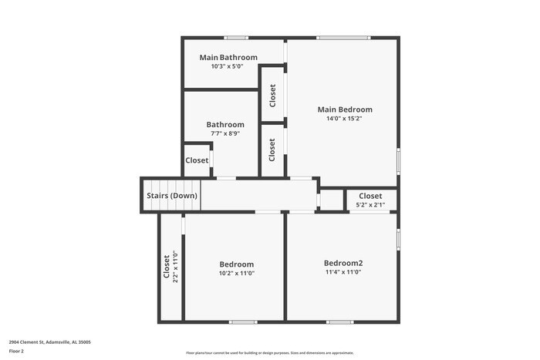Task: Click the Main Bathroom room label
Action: pyautogui.click(x=228, y=57)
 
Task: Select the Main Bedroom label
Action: pyautogui.click(x=345, y=109)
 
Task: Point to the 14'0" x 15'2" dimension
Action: pyautogui.click(x=345, y=119)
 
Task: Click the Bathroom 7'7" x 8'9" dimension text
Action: pyautogui.click(x=225, y=133)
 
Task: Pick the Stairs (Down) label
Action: pyautogui.click(x=172, y=196)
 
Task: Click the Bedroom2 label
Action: pyautogui.click(x=343, y=263)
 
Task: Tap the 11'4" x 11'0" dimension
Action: pyautogui.click(x=343, y=272)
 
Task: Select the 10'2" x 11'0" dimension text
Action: pyautogui.click(x=236, y=273)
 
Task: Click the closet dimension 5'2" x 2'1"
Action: pyautogui.click(x=370, y=205)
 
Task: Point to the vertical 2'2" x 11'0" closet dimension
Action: pyautogui.click(x=176, y=267)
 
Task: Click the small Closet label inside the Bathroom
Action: pyautogui.click(x=197, y=160)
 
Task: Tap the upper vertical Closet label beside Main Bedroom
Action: pyautogui.click(x=272, y=96)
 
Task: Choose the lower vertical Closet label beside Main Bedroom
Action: pyautogui.click(x=272, y=150)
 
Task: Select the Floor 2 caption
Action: pyautogui.click(x=16, y=351)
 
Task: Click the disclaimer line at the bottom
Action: pyautogui.click(x=270, y=353)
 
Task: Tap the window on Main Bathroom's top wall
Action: pyautogui.click(x=236, y=37)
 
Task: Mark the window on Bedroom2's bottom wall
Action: pyautogui.click(x=339, y=321)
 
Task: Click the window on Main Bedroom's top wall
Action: pyautogui.click(x=343, y=37)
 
